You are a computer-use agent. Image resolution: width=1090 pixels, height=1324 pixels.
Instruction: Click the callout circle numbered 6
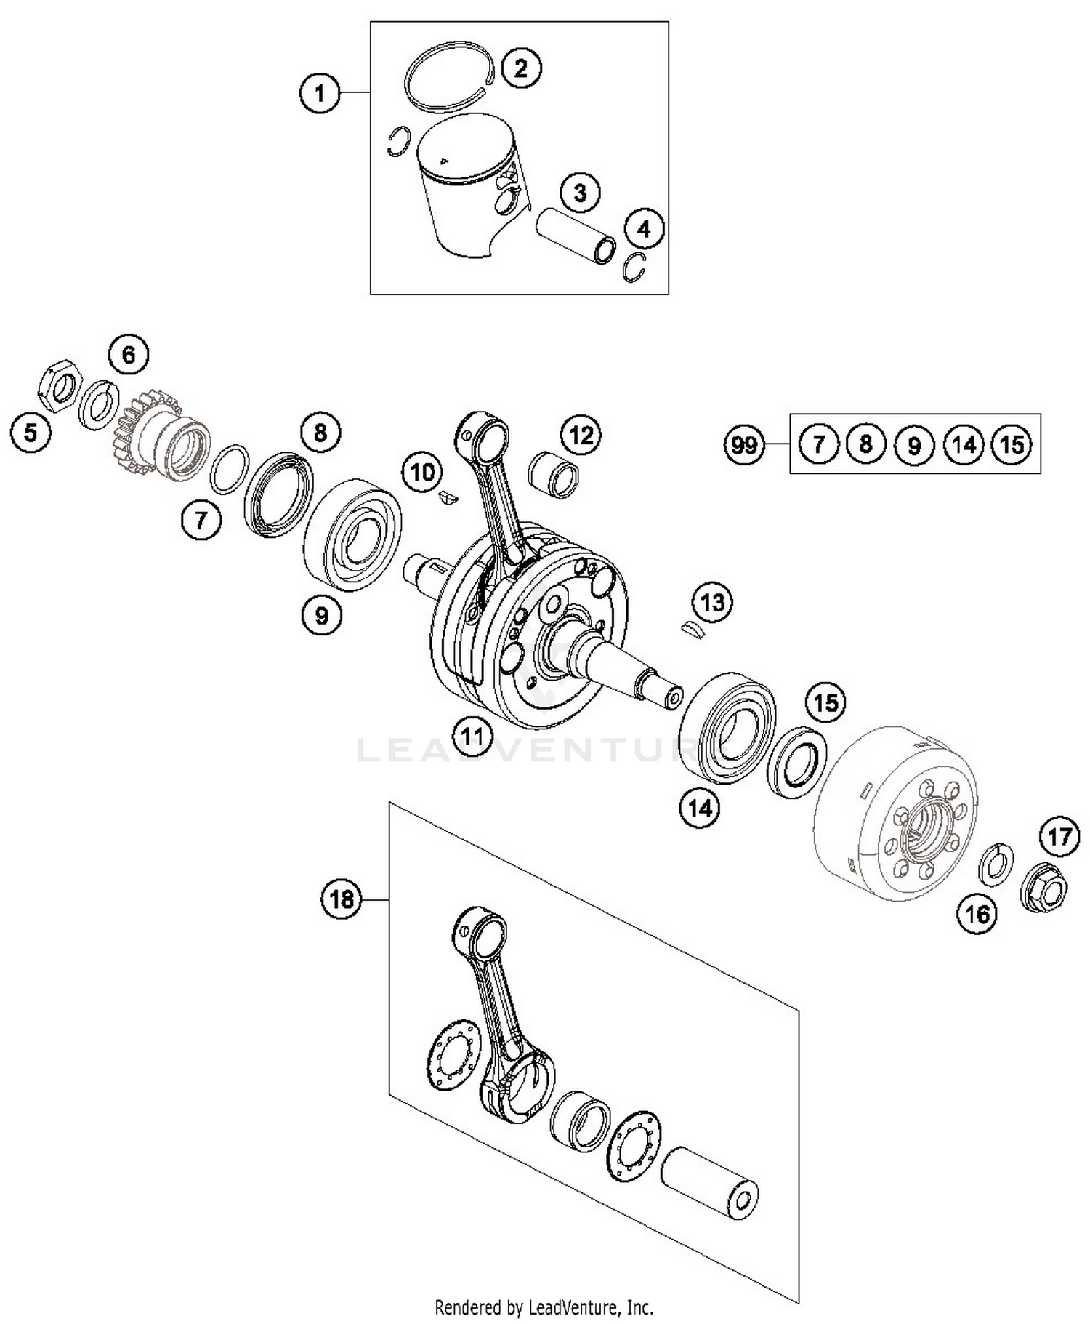[129, 355]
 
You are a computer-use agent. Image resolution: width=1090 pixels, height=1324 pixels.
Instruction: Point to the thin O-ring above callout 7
[229, 469]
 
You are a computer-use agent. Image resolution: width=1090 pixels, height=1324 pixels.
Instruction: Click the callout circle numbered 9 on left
[321, 615]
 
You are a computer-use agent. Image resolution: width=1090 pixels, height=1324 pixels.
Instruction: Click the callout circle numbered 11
[472, 737]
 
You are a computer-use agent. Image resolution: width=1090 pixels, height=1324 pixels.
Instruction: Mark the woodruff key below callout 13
[694, 630]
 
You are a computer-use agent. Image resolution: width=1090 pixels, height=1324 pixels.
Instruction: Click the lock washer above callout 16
[996, 864]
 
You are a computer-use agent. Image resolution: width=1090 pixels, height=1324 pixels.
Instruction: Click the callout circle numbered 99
[745, 444]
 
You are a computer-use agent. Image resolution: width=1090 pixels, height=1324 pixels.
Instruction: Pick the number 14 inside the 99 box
[964, 444]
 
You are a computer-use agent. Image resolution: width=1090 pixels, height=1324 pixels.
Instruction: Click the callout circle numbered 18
[342, 899]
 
